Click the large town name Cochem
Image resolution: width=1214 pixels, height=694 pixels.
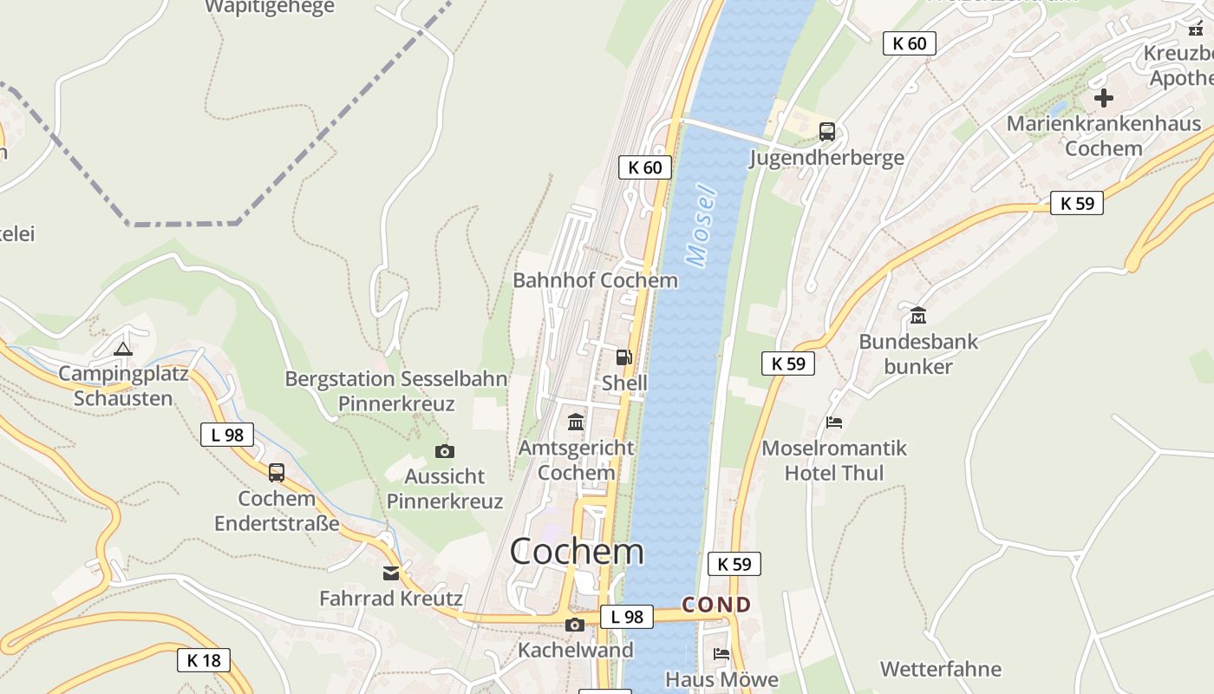pos(577,551)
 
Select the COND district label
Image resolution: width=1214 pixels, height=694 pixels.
pos(716,605)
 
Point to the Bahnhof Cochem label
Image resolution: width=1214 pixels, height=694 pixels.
pos(595,280)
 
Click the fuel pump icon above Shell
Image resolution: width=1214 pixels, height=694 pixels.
pos(623,357)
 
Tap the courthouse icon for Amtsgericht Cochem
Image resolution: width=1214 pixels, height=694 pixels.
pos(576,422)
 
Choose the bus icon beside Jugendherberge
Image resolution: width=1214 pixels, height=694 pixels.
pos(827,132)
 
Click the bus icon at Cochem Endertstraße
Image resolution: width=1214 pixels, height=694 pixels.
pos(277,473)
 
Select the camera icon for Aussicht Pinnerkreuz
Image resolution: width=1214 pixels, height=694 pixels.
pos(445,451)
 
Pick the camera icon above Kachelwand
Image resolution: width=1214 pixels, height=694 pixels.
pos(574,625)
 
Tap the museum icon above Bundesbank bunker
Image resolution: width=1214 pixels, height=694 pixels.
pos(918,315)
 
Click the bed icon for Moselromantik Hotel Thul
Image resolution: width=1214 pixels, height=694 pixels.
pos(834,422)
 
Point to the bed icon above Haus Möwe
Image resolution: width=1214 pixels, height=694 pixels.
pos(721,653)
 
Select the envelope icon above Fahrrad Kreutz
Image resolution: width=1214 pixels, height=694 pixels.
pos(391,573)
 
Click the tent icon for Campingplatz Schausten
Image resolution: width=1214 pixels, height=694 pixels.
pos(122,349)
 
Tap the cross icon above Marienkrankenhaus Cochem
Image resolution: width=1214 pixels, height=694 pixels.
pos(1103,98)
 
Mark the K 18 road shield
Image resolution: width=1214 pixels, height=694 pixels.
pos(204,660)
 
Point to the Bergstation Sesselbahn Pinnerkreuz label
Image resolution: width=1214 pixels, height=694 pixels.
pos(396,391)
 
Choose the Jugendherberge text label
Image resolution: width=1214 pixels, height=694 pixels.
pos(826,157)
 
